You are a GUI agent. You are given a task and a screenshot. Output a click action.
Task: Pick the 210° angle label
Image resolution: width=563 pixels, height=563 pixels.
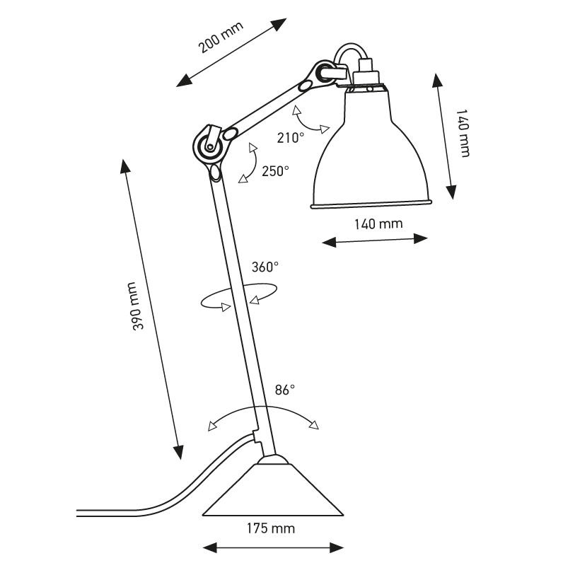point(291,138)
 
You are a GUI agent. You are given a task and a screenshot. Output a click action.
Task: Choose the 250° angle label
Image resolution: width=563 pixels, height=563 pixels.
point(274,171)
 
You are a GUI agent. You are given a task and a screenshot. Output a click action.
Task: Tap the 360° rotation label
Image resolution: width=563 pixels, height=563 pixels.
point(265,267)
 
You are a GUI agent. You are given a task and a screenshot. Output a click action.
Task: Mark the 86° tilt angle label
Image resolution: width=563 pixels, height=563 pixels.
point(284,389)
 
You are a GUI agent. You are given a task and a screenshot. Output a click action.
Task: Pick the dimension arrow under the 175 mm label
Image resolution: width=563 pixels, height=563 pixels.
point(273,546)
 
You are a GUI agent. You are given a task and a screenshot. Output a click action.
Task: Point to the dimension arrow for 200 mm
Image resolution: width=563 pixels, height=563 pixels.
point(231,53)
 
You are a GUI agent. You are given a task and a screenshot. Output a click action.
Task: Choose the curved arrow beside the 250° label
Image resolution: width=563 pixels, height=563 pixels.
point(249,165)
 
